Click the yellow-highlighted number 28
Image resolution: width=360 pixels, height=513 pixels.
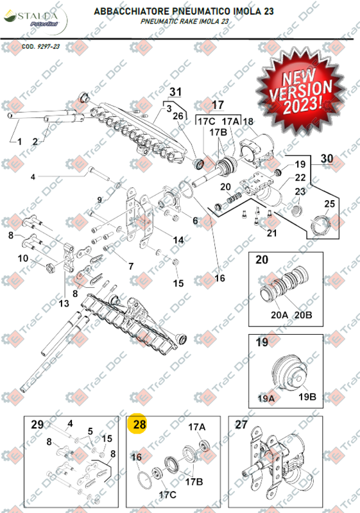click(139, 424)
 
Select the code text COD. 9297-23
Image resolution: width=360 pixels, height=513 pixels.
click(40, 47)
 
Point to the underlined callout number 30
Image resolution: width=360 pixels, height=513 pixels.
click(327, 158)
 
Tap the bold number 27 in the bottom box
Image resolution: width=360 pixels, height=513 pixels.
click(241, 424)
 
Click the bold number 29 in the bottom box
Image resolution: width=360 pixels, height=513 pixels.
click(37, 424)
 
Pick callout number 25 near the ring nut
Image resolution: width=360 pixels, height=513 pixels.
click(330, 204)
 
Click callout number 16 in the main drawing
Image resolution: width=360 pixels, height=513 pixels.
click(220, 278)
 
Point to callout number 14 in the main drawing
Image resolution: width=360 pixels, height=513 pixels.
click(178, 240)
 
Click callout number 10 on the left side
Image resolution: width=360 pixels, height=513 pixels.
click(22, 258)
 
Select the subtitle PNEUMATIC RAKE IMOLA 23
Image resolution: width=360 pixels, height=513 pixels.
click(185, 21)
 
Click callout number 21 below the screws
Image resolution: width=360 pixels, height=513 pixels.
click(271, 232)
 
